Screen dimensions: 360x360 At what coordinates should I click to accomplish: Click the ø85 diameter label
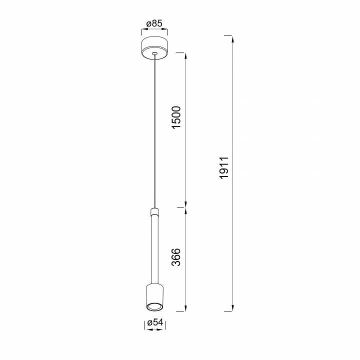154,23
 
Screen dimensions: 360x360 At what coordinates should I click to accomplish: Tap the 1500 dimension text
177,117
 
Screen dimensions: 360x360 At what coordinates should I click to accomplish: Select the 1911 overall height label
224,167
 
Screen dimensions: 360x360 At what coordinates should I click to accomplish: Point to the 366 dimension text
176,257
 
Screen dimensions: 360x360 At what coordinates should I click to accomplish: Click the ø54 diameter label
154,322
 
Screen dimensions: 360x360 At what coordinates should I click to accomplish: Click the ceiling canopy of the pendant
154,48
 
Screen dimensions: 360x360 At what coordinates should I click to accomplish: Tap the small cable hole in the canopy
154,53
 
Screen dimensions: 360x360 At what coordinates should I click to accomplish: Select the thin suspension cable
155,131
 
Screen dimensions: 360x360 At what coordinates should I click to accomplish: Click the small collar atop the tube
154,211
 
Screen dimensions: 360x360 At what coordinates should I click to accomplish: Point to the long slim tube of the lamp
154,249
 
